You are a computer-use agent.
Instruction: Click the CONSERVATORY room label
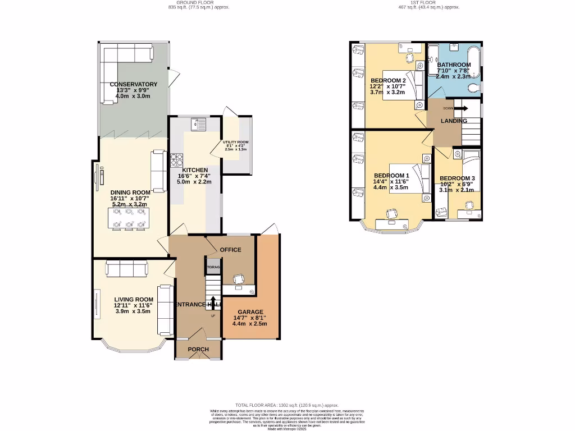[133, 84]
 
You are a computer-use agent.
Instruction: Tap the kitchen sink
[198, 123]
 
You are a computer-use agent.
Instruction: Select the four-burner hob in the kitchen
[176, 161]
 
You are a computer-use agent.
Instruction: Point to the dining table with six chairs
[129, 218]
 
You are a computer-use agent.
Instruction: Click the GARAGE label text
[250, 312]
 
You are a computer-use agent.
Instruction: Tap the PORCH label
[198, 349]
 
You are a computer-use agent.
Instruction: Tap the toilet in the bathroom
[473, 88]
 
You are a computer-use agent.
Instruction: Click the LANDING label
[454, 121]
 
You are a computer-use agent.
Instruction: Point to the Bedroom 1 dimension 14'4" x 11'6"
[391, 181]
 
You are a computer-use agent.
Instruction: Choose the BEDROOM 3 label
[457, 178]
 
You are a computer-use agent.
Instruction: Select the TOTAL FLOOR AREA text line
[287, 405]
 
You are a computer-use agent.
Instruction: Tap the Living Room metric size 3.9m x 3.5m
[133, 311]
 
